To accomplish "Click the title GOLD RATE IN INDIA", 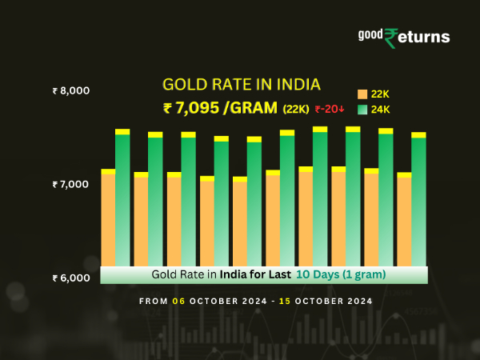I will (x=241, y=85).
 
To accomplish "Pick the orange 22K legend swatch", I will (x=362, y=94).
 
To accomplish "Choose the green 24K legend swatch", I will (x=362, y=110).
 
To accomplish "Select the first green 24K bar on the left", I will (x=122, y=200).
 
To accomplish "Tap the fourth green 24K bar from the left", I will (x=221, y=204).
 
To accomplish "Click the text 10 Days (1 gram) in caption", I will (x=341, y=274).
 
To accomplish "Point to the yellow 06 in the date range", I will (x=178, y=302).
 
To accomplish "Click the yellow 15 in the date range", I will (x=283, y=302).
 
